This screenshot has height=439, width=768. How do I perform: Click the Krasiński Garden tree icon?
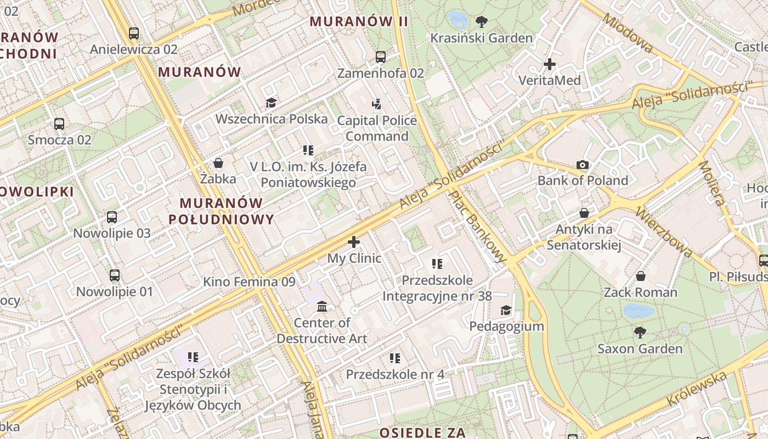pos(482,22)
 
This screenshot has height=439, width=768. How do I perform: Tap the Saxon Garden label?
pos(640,348)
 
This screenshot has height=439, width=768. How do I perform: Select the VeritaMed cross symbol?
pos(550,64)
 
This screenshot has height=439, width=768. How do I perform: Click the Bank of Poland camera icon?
pos(583,165)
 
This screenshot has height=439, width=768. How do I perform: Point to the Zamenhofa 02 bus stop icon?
pos(380,57)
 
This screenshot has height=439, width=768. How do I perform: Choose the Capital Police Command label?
pos(377,128)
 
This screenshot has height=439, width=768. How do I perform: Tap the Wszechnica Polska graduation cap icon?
pos(271,103)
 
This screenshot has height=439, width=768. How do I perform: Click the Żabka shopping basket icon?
pos(218,163)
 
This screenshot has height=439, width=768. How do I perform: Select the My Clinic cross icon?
pos(354,241)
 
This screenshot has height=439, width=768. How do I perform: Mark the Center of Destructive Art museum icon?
pos(322,306)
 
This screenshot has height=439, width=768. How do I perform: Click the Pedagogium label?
pos(506,327)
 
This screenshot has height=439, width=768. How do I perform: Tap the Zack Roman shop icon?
pos(640,275)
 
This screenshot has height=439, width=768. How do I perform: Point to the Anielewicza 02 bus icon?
pos(133,33)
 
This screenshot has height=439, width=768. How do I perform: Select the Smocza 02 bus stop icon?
pos(59,124)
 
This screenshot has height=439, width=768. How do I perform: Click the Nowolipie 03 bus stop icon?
pos(112,217)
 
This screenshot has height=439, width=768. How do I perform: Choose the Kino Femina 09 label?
pos(249,282)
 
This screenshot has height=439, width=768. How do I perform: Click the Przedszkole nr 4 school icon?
pos(394,358)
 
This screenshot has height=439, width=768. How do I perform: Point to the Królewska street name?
pos(697,389)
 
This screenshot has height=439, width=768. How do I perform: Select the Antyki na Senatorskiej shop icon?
pos(584,212)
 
